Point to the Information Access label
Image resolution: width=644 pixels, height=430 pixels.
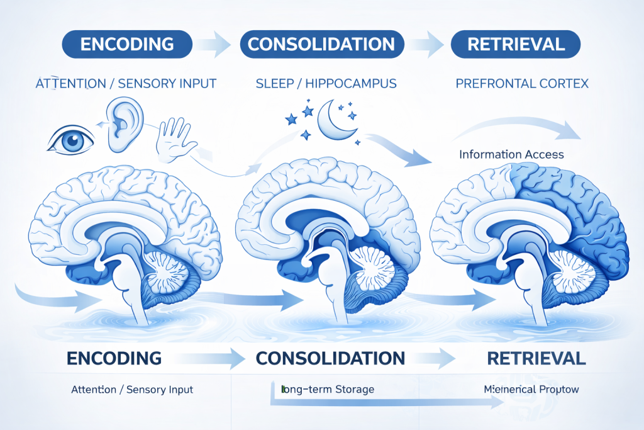click(x=511, y=154)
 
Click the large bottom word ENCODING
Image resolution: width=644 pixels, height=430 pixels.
click(x=114, y=358)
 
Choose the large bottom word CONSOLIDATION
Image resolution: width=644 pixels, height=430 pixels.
click(x=330, y=358)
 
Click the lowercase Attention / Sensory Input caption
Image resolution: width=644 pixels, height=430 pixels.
click(x=133, y=389)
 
